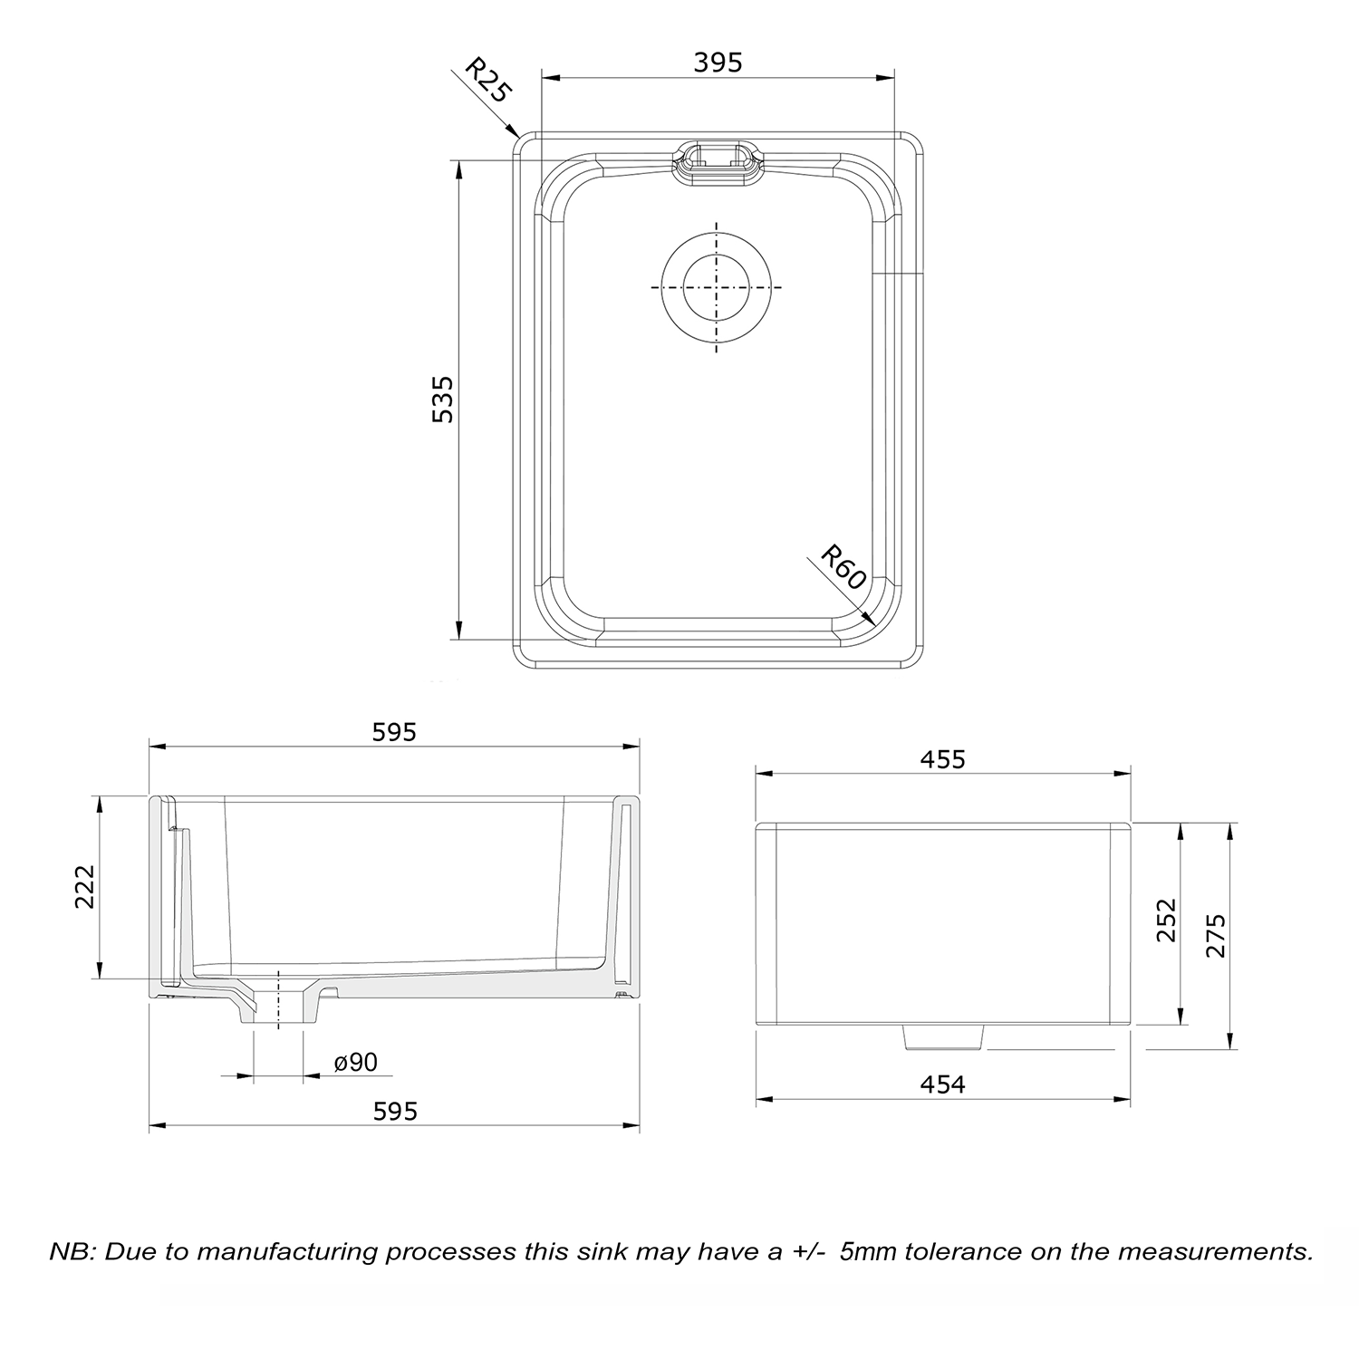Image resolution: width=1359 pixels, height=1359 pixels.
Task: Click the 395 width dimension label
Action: [718, 63]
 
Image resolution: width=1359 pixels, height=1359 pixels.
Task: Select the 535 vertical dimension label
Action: [443, 400]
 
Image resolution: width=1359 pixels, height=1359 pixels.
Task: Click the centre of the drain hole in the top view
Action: [717, 286]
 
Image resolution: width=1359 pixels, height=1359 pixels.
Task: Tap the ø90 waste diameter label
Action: [356, 1062]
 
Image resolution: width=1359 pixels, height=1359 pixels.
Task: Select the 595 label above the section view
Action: [394, 731]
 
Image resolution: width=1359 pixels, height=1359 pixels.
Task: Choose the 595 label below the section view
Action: [395, 1111]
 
